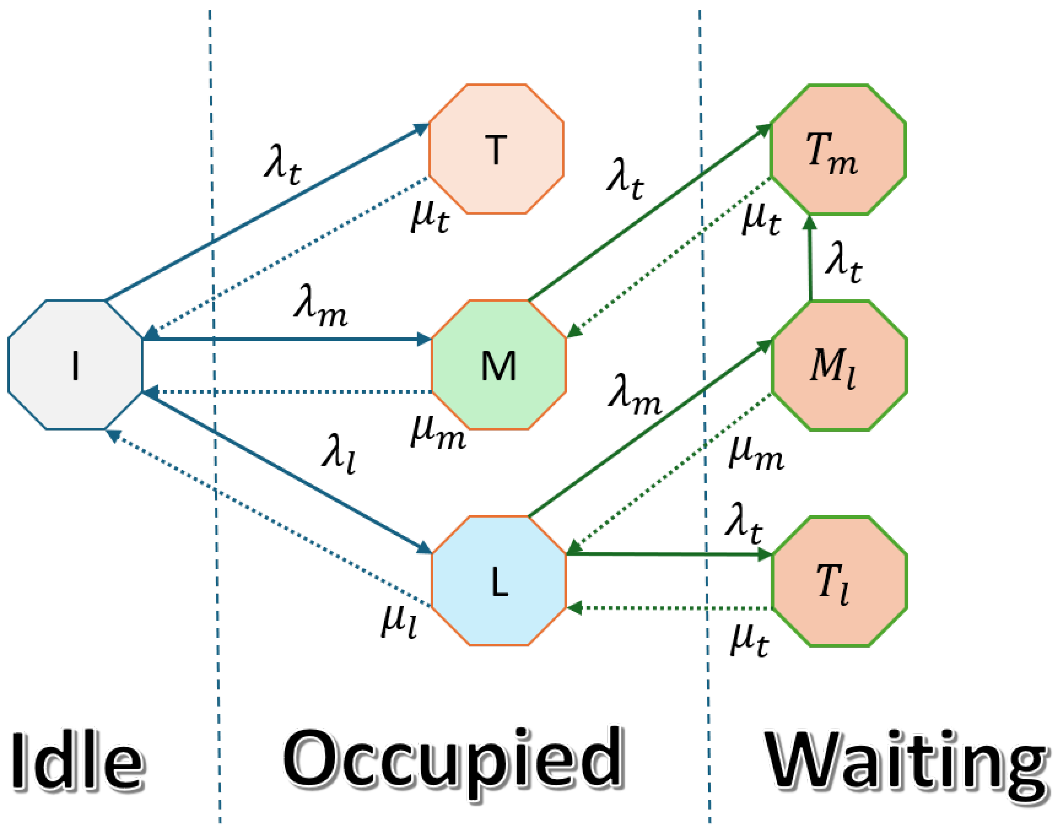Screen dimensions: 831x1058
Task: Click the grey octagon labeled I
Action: pyautogui.click(x=76, y=365)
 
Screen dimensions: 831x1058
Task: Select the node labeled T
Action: pyautogui.click(x=496, y=149)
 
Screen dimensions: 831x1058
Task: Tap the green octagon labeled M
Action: pyautogui.click(x=499, y=365)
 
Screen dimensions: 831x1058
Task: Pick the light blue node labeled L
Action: pyautogui.click(x=499, y=581)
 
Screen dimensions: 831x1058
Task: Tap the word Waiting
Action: pyautogui.click(x=906, y=762)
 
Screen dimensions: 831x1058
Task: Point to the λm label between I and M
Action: pyautogui.click(x=321, y=306)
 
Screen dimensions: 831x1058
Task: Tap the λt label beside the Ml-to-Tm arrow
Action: pyautogui.click(x=844, y=262)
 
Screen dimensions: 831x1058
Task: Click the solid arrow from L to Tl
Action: pyautogui.click(x=667, y=554)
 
